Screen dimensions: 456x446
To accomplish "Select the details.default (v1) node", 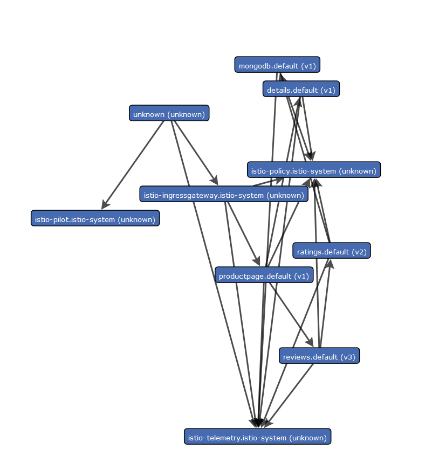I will (301, 89).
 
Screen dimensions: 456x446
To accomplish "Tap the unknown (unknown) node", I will (169, 113).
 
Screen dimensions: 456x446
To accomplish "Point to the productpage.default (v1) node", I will (264, 275).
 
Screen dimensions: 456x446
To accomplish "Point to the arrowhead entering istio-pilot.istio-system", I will (105, 205).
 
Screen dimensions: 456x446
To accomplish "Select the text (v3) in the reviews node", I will (347, 356).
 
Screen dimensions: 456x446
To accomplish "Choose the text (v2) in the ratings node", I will (359, 251).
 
